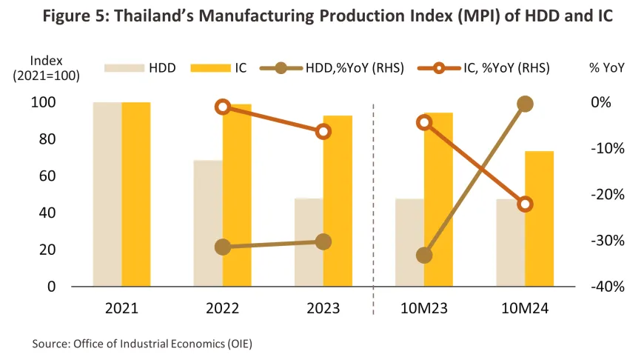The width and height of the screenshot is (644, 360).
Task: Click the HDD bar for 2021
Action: tap(107, 194)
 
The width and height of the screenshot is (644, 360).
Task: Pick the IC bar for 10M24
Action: tap(539, 219)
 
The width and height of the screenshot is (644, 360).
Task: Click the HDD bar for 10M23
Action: tap(409, 242)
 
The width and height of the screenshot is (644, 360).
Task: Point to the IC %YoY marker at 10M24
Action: tap(525, 204)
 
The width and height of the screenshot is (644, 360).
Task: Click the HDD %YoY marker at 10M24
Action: tap(525, 104)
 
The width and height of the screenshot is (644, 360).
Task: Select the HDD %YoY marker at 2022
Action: tap(223, 247)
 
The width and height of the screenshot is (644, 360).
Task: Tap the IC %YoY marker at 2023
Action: tap(323, 132)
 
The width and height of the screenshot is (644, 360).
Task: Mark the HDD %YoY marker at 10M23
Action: tap(424, 256)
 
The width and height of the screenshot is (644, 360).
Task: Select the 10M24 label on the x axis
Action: tap(525, 307)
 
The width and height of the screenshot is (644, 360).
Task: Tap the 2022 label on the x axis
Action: tap(223, 307)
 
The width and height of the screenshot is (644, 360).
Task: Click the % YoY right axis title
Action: tap(606, 67)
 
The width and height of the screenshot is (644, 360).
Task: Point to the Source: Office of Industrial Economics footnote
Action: tap(147, 344)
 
